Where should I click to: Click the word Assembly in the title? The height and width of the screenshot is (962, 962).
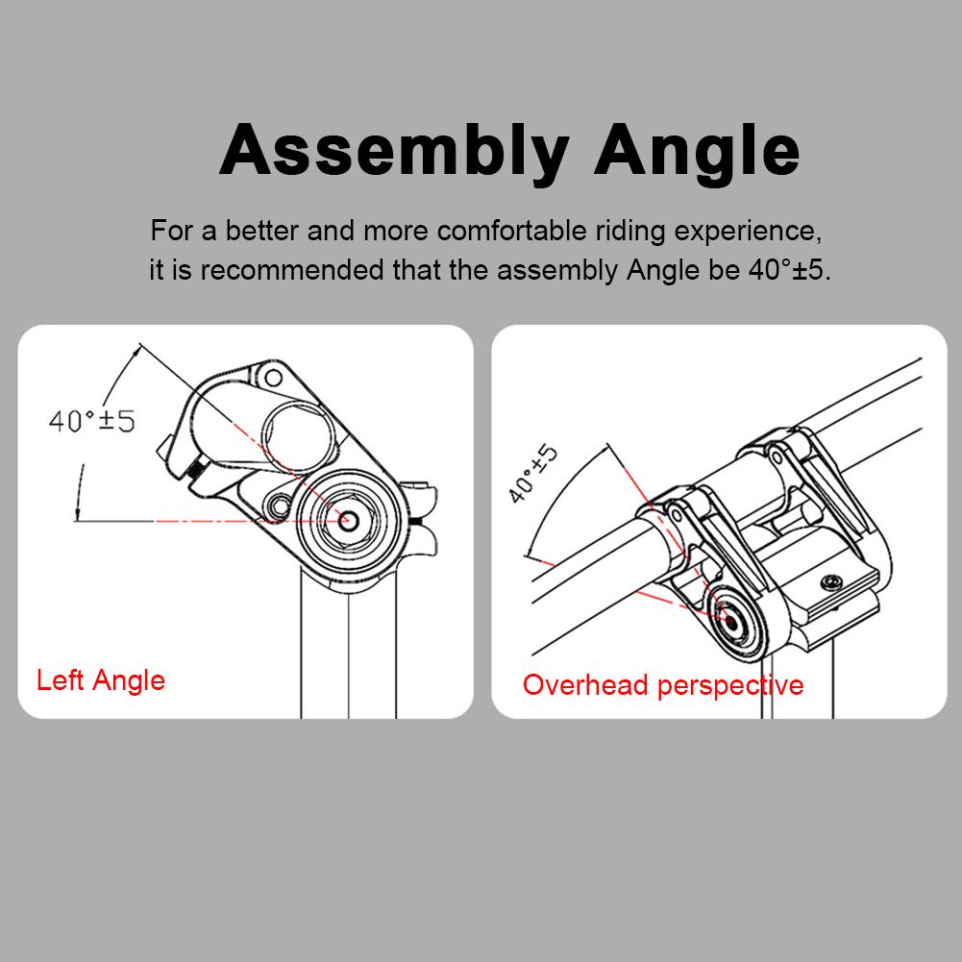coord(395,151)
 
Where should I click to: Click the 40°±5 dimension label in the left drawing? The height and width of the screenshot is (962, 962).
coord(91,420)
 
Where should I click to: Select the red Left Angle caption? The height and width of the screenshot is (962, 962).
coord(101,680)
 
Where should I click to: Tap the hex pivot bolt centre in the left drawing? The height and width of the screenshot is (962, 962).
coord(346,519)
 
